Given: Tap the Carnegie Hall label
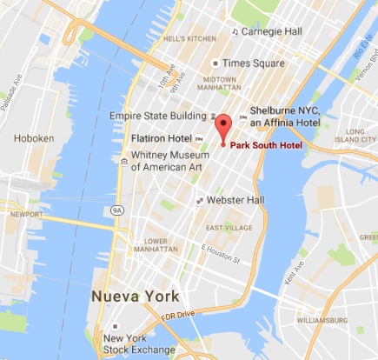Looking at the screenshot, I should (x=270, y=31).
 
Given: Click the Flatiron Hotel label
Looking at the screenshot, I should (x=161, y=137).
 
